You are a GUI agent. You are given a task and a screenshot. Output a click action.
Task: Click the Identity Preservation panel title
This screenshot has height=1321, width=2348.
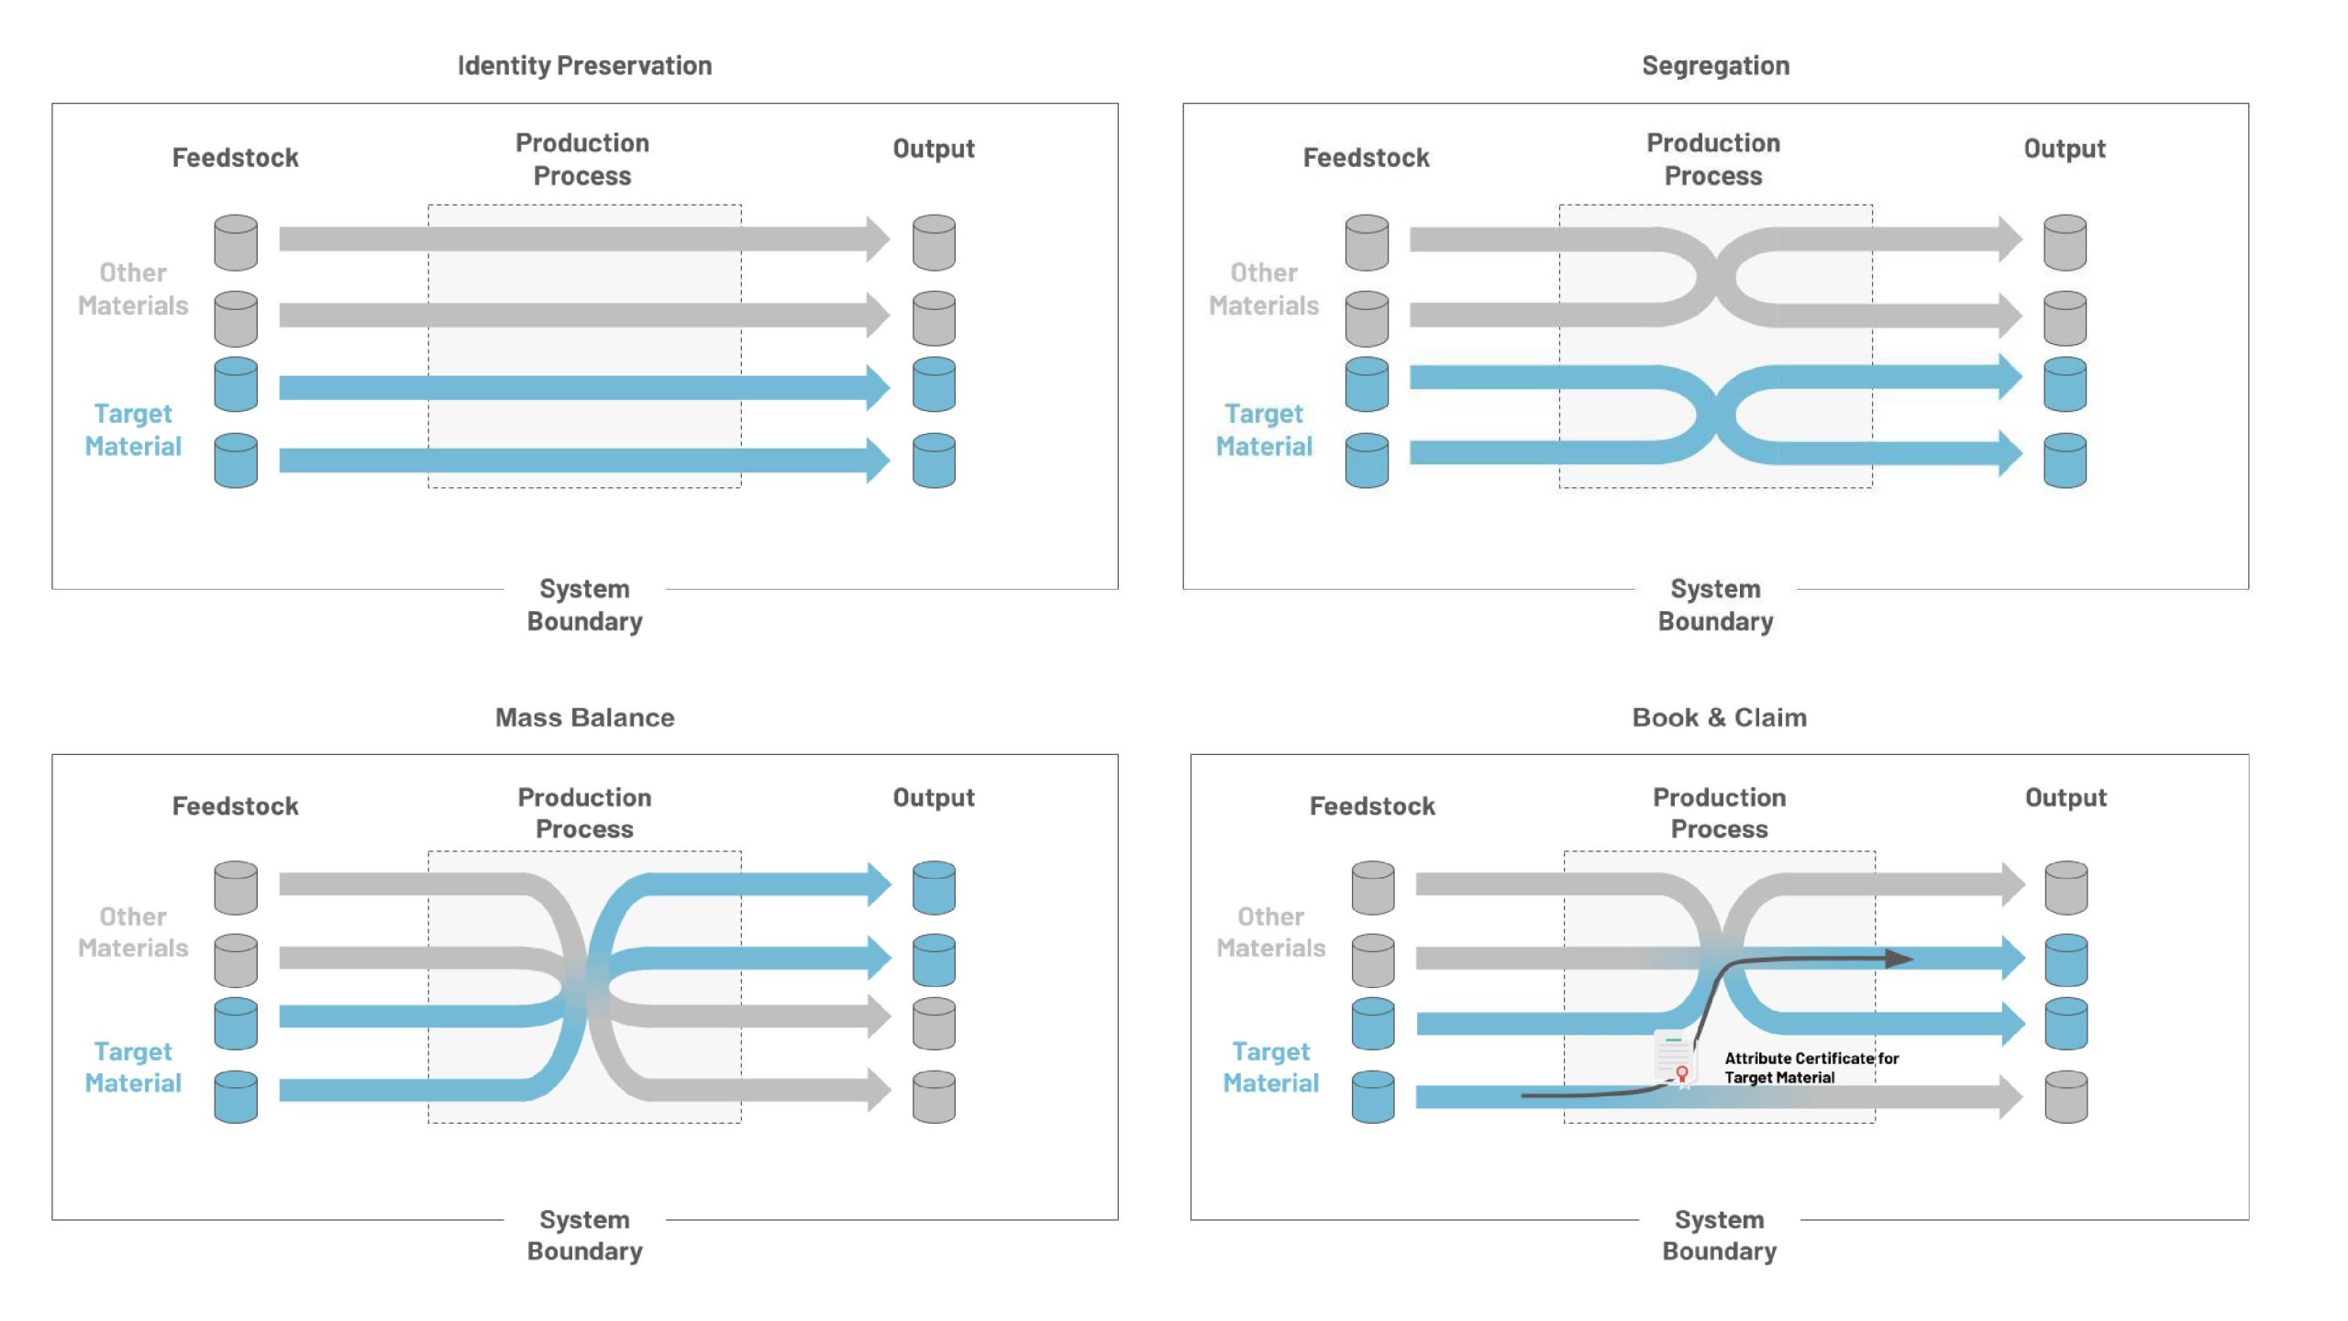[x=584, y=66]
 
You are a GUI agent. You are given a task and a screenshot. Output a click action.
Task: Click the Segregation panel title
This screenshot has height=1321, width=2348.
[x=1715, y=66]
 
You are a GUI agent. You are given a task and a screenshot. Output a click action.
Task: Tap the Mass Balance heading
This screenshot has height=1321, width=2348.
[x=584, y=717]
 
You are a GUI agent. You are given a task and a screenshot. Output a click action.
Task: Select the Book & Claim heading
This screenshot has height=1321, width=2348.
[x=1719, y=717]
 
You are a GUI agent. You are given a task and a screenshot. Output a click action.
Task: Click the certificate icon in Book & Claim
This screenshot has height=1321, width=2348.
[x=1675, y=1060]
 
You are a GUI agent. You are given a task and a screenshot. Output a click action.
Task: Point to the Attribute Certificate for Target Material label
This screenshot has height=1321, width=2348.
[x=1811, y=1068]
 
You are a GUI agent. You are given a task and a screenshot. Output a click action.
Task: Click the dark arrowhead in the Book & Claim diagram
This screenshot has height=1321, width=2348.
[x=1899, y=959]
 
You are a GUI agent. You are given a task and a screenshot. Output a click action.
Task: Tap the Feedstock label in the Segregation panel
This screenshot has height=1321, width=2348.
[x=1366, y=158]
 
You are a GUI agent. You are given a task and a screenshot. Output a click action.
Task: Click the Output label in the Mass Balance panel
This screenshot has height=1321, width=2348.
[x=934, y=798]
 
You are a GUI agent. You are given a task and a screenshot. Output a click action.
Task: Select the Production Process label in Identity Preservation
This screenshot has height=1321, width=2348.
[x=582, y=160]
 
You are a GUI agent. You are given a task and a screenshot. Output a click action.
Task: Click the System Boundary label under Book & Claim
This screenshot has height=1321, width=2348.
[x=1719, y=1236]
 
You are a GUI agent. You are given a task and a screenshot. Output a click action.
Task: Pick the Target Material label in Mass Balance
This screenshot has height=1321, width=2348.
[x=133, y=1068]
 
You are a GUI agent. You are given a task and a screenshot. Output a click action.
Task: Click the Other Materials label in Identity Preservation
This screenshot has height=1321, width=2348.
[x=133, y=289]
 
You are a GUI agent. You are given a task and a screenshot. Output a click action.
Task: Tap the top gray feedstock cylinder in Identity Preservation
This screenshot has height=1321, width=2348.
[x=236, y=243]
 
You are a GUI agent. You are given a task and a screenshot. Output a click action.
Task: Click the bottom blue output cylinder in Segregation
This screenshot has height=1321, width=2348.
[x=2065, y=461]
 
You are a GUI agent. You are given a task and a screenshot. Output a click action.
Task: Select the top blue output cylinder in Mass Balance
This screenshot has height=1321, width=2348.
[x=934, y=888]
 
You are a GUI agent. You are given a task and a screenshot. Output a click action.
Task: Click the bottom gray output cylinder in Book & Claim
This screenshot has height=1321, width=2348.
[x=2066, y=1096]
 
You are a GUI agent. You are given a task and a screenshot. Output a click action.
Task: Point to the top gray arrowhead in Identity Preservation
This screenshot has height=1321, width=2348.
[x=878, y=239]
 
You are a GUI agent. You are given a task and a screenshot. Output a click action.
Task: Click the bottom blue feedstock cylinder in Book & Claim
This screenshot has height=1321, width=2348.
[x=1372, y=1096]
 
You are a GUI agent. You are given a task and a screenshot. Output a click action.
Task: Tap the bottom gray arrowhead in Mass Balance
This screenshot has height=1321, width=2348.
[x=880, y=1090]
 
